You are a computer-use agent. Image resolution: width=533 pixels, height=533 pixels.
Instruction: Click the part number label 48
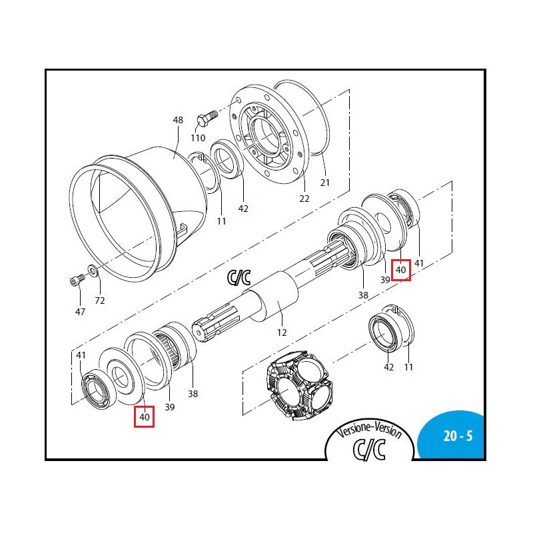178,121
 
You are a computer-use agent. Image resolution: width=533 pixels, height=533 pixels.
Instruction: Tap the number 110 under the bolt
198,138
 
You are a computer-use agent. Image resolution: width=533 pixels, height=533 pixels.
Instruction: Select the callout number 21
325,182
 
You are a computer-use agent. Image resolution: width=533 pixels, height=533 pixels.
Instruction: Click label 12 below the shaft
281,332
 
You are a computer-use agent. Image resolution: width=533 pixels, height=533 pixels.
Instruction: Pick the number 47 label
80,311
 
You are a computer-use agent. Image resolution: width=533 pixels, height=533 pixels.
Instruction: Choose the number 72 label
99,300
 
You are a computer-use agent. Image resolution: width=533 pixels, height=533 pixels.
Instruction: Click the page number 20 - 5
458,437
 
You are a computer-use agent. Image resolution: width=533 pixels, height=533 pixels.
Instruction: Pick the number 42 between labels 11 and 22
243,209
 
